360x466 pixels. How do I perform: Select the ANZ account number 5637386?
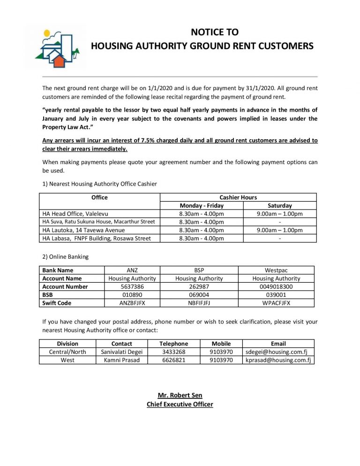click(x=132, y=286)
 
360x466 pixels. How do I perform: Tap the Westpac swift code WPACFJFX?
click(x=277, y=303)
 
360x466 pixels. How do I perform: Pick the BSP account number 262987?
click(x=199, y=286)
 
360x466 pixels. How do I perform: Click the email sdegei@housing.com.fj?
click(x=278, y=352)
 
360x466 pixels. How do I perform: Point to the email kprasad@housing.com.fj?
click(x=278, y=360)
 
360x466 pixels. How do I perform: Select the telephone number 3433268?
click(x=174, y=352)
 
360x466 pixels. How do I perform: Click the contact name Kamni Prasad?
click(x=122, y=360)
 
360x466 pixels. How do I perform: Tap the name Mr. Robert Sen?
click(x=180, y=395)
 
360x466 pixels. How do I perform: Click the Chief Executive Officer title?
click(x=180, y=404)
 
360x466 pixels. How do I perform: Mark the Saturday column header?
click(x=279, y=205)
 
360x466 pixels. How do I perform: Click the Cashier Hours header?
click(x=238, y=197)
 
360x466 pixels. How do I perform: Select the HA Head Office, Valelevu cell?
click(x=75, y=214)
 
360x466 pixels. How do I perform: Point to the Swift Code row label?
click(x=57, y=303)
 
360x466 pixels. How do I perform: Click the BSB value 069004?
click(x=199, y=295)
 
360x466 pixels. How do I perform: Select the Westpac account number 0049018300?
click(x=277, y=286)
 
